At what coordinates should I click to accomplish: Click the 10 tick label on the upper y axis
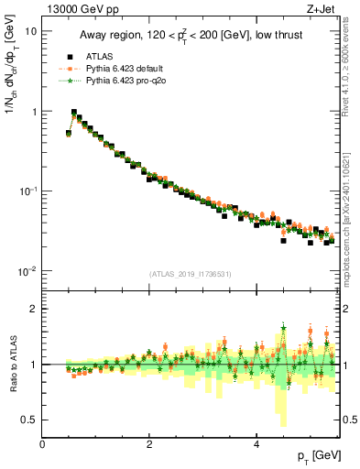[31, 31]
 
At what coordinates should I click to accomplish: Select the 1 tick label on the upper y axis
[33, 111]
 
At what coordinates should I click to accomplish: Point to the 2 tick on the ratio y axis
[34, 309]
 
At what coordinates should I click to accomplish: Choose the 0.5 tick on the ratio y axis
[30, 420]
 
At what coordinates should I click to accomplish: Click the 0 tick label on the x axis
[43, 442]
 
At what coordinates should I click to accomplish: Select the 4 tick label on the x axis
[256, 442]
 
